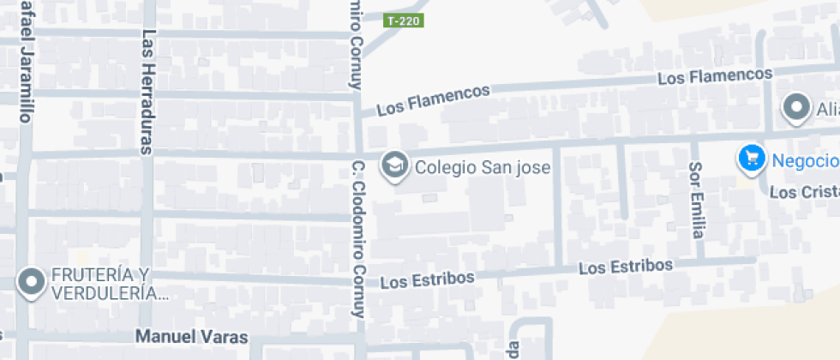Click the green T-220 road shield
pos(403,20)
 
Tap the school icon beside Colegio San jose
pos(395,165)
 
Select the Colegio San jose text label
pos(483,166)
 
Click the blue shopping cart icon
pos(752,159)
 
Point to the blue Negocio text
pos(804,160)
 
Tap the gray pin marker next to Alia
pos(797,108)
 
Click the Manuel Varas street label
pos(191,337)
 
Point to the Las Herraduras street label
pos(148,92)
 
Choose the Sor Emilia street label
pos(698,200)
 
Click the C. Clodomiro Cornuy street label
pos(359,239)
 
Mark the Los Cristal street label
pos(803,192)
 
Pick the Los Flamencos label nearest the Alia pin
pos(715,76)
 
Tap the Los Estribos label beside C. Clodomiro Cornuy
pos(427,280)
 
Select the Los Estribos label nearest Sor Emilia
pos(625,267)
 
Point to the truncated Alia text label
pos(827,109)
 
